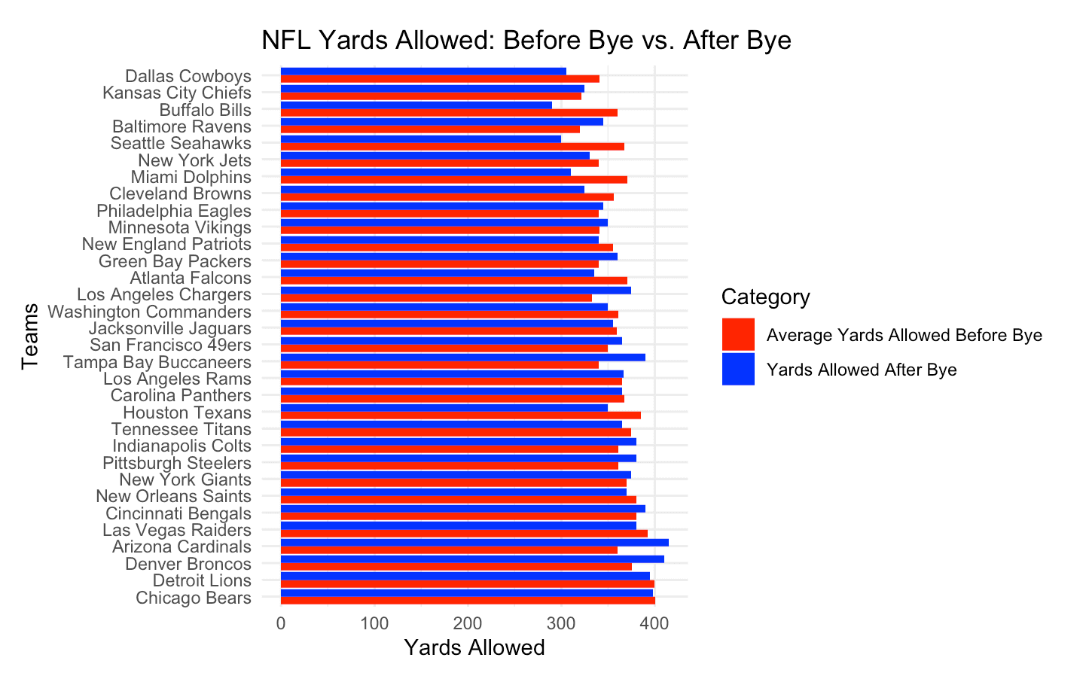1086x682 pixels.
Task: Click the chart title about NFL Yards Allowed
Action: [526, 40]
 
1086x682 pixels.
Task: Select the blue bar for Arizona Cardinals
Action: [474, 543]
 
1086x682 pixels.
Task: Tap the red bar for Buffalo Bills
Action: [449, 113]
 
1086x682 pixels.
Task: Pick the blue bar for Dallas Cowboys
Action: [423, 72]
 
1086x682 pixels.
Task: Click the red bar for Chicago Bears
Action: [468, 601]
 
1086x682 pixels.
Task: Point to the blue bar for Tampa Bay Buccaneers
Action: [463, 358]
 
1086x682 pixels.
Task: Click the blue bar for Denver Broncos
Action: [472, 559]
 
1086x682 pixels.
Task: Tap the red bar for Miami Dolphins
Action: [454, 180]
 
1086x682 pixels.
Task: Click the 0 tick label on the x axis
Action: [281, 623]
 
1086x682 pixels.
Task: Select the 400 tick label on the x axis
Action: [654, 623]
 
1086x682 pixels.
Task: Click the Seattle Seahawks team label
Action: [181, 143]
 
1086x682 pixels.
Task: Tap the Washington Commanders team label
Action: [149, 312]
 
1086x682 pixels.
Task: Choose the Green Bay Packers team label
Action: [175, 261]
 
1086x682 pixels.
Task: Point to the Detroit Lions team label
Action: [202, 580]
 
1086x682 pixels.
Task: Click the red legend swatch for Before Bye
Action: [738, 334]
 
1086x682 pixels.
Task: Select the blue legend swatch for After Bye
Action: [738, 369]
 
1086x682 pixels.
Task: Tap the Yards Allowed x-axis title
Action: [474, 647]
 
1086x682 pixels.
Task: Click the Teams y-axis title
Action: [30, 336]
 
